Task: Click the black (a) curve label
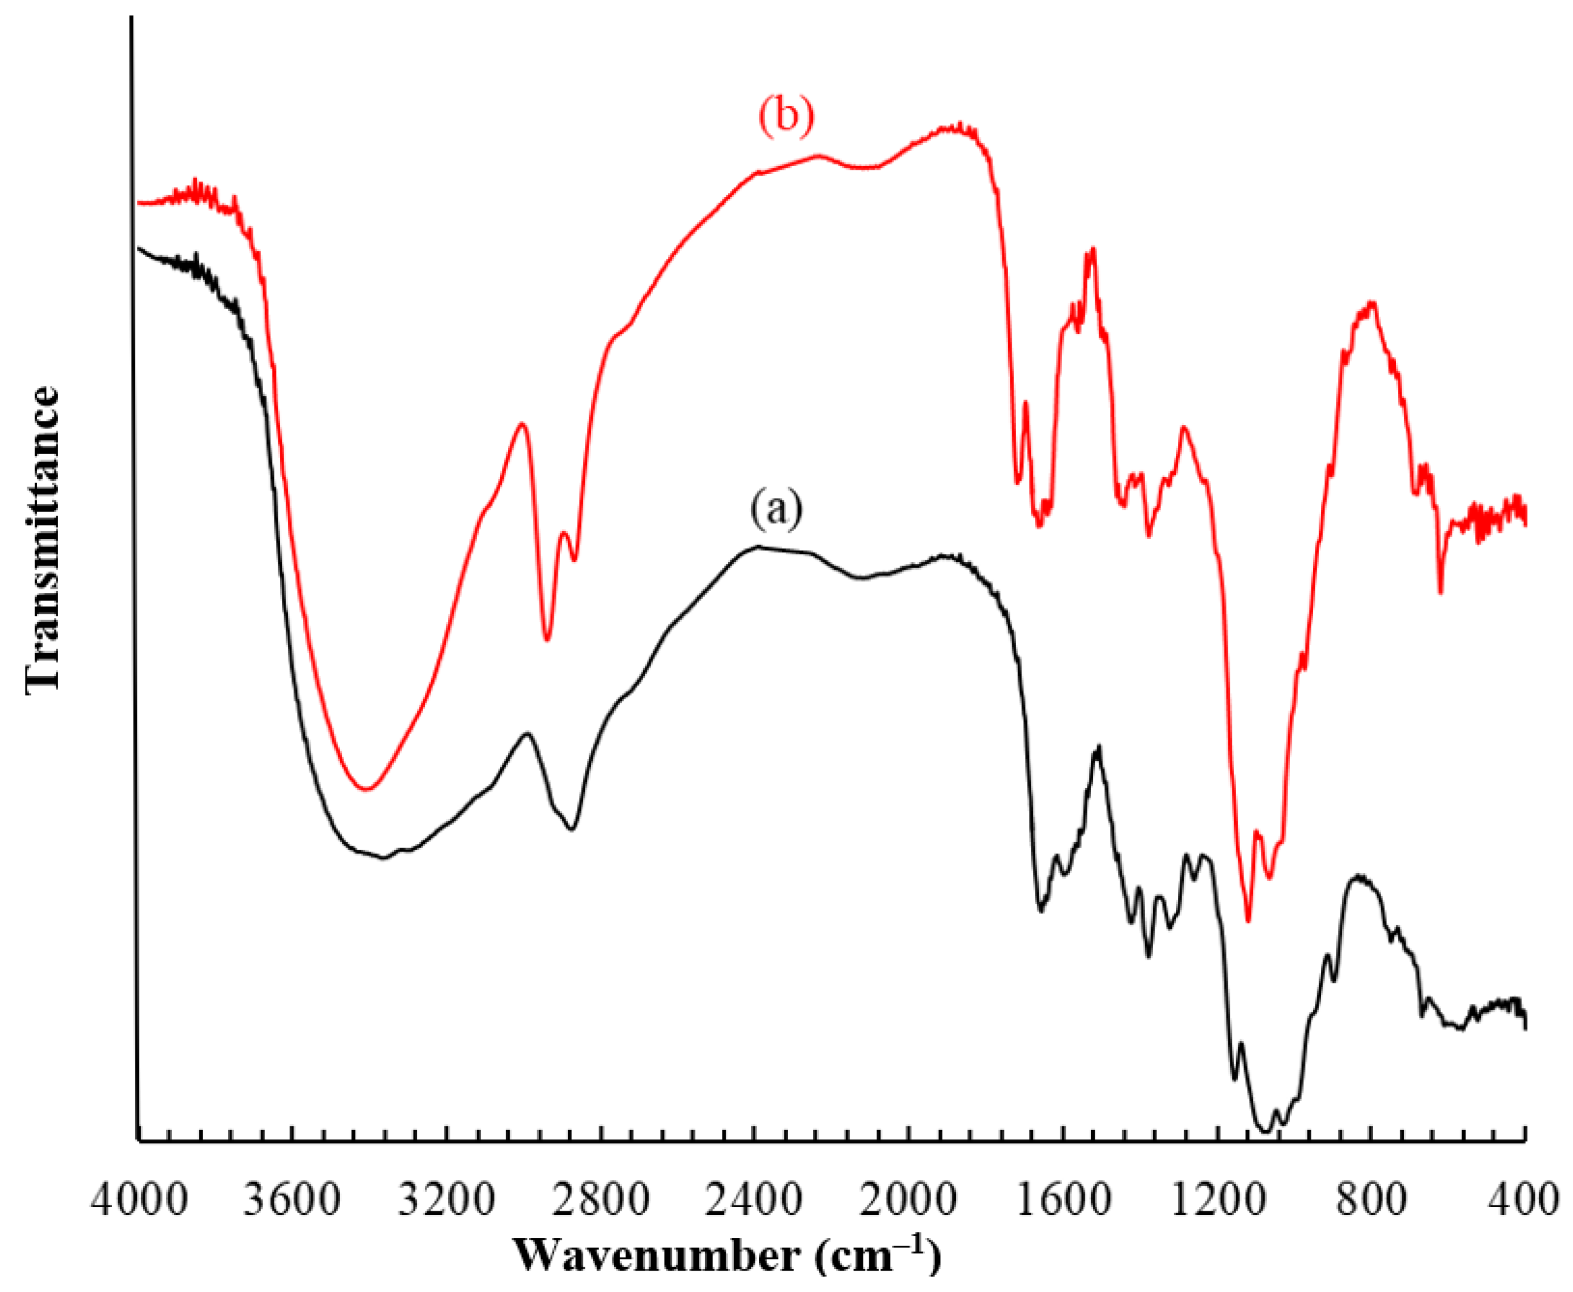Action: tap(776, 510)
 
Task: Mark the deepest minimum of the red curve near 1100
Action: tap(1248, 920)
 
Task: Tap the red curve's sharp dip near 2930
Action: tap(547, 639)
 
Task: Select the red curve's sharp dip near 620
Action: tap(1441, 592)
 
